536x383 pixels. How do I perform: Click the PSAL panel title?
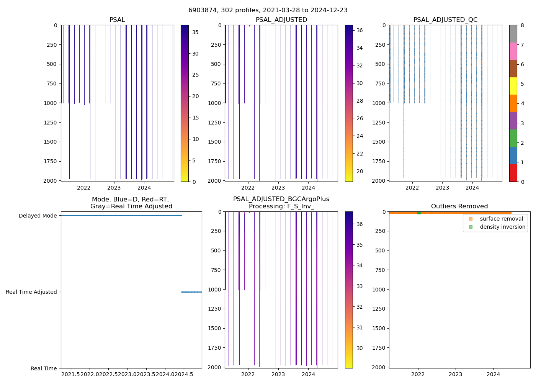tap(117, 20)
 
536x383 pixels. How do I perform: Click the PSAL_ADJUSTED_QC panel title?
tap(445, 20)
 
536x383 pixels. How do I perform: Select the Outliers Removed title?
tap(459, 206)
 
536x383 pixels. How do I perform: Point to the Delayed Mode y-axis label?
tap(38, 216)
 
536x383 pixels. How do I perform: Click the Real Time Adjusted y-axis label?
tap(31, 292)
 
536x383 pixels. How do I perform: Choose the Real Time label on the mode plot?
tap(44, 368)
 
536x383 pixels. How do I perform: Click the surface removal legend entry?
tap(501, 219)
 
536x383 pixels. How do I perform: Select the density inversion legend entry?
tap(502, 227)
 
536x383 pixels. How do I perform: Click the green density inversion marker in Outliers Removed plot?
tap(419, 213)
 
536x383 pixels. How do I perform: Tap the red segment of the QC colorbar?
tap(513, 173)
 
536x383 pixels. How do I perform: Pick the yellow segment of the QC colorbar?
tap(513, 86)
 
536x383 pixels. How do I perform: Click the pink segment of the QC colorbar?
tap(513, 51)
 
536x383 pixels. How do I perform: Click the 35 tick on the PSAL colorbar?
tap(195, 33)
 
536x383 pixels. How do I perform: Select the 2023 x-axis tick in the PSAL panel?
tap(114, 188)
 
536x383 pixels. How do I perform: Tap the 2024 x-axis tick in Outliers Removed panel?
tap(493, 374)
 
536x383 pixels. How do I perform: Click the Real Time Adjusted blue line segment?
tap(191, 292)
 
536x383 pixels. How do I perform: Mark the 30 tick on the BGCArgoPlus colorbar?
tap(360, 348)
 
